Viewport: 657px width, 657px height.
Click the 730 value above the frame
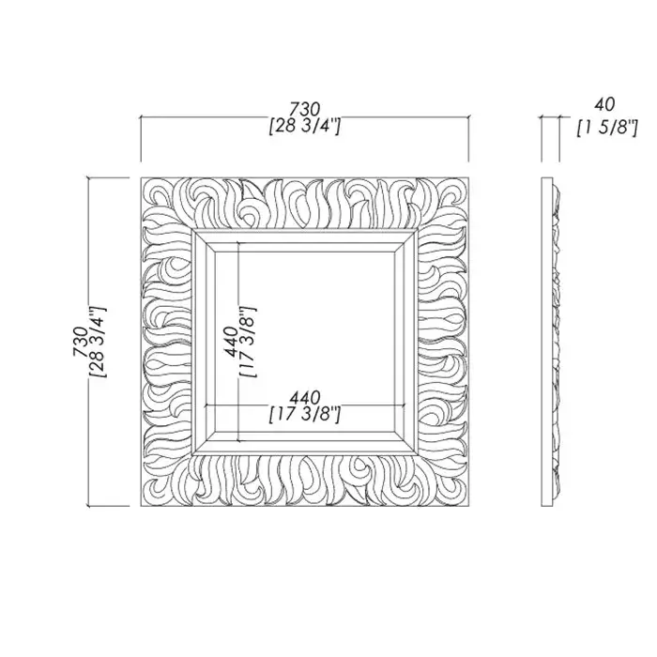point(305,109)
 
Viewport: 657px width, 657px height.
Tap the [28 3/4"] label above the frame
point(305,126)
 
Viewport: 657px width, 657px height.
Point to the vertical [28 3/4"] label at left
point(99,342)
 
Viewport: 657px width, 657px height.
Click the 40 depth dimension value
point(604,104)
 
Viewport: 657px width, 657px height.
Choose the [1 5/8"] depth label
point(607,128)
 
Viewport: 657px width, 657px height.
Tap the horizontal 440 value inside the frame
point(305,397)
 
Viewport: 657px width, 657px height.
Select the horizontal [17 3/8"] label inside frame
point(305,415)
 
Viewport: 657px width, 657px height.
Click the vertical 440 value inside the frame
point(232,342)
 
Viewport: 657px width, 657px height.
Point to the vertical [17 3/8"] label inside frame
point(248,342)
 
